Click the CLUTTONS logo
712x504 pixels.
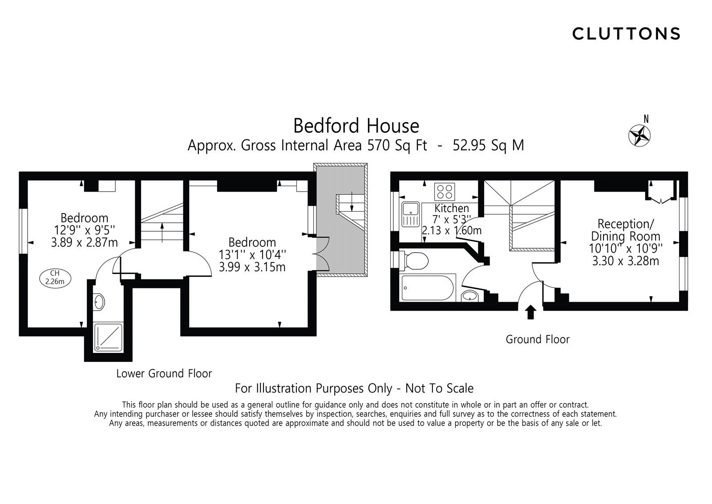click(626, 33)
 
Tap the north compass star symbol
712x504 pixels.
click(639, 135)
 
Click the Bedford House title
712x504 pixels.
click(356, 126)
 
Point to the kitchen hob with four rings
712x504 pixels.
click(446, 191)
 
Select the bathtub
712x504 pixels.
click(428, 287)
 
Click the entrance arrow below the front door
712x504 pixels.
click(530, 312)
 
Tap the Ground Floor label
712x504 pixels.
click(537, 340)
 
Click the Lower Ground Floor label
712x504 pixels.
click(164, 373)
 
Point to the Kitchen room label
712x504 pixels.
click(452, 208)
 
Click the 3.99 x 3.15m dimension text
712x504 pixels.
click(252, 267)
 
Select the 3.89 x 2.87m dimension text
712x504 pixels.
click(85, 242)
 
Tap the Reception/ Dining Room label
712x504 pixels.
click(625, 229)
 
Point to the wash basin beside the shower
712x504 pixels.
click(99, 302)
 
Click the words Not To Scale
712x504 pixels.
click(439, 389)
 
